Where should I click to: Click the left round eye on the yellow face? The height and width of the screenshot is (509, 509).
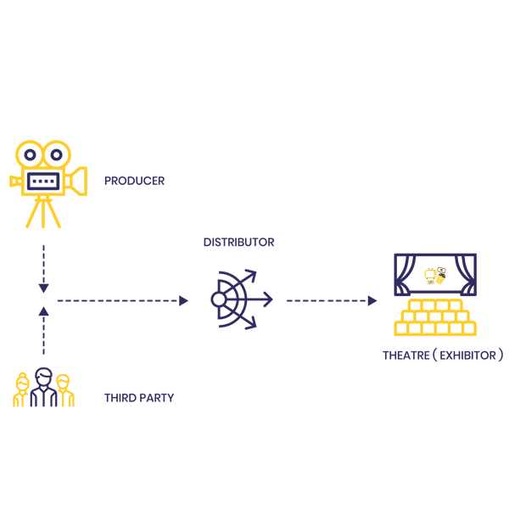coord(31,155)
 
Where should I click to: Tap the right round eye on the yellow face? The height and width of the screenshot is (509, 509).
coord(56,155)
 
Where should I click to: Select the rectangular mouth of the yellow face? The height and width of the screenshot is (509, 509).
coord(43,181)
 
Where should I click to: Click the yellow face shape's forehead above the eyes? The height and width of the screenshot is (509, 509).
coord(43,136)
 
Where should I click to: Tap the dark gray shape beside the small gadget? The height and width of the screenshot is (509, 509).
coord(446,272)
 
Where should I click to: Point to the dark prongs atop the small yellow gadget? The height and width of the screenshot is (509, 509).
coord(431,266)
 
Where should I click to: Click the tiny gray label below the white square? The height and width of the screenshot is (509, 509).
coord(431,282)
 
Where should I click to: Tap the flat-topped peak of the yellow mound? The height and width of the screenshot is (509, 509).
coord(434,300)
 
